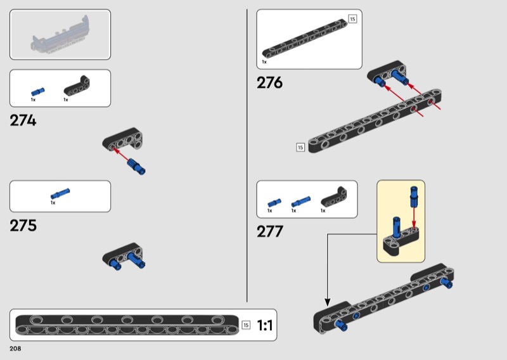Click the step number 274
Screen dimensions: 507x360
click(23, 120)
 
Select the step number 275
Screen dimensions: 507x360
click(23, 226)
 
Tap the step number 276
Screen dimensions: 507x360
click(270, 82)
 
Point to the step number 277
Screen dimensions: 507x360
click(270, 231)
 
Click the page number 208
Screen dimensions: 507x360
click(15, 349)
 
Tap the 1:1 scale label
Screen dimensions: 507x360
click(264, 325)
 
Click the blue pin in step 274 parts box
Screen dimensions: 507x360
click(38, 92)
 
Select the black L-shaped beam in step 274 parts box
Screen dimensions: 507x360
click(77, 86)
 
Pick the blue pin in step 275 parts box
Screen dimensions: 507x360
click(60, 193)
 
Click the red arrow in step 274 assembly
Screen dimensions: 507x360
click(121, 154)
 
